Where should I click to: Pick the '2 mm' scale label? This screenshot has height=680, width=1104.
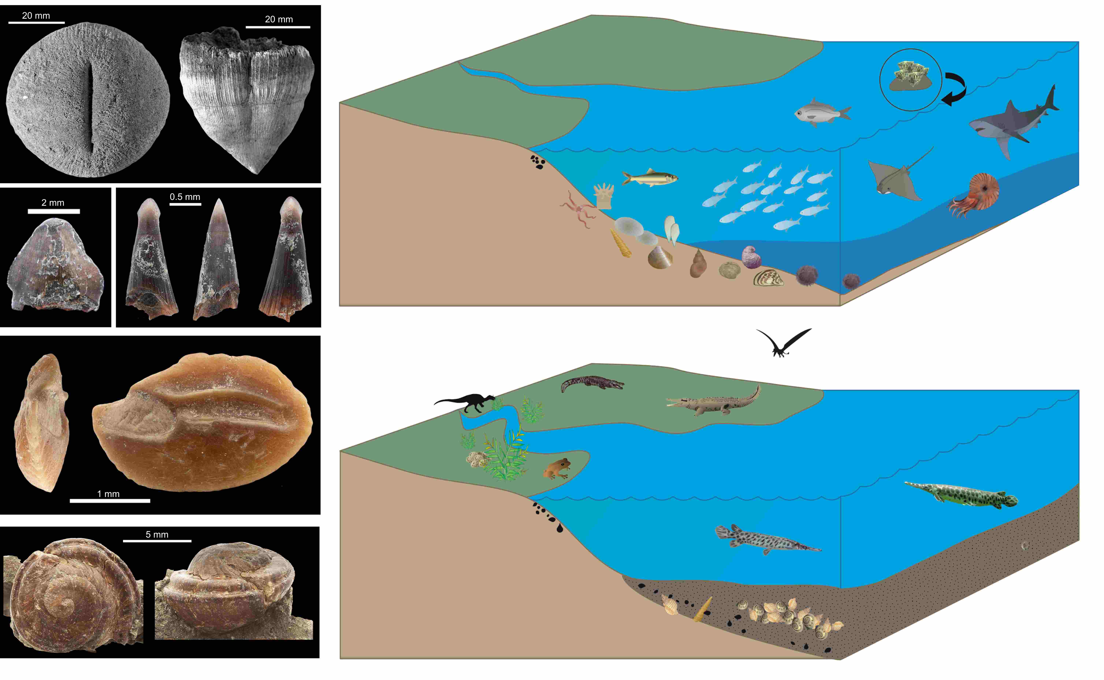(x=53, y=203)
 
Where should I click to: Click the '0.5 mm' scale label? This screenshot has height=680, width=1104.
(x=185, y=197)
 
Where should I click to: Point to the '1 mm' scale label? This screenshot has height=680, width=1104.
(x=108, y=494)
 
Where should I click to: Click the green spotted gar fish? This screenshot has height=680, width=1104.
(x=962, y=495)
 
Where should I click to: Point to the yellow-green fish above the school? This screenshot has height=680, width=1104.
(x=650, y=178)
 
